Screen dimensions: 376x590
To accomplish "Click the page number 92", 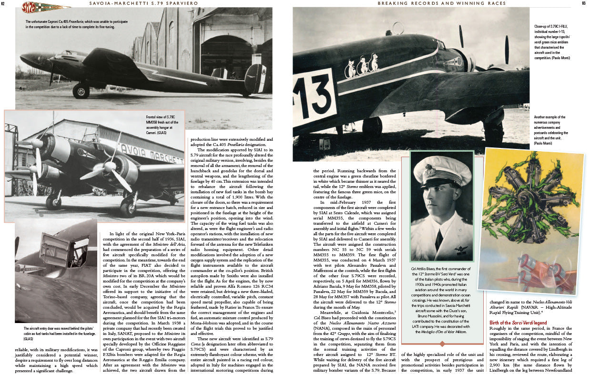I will (x=4, y=4).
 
